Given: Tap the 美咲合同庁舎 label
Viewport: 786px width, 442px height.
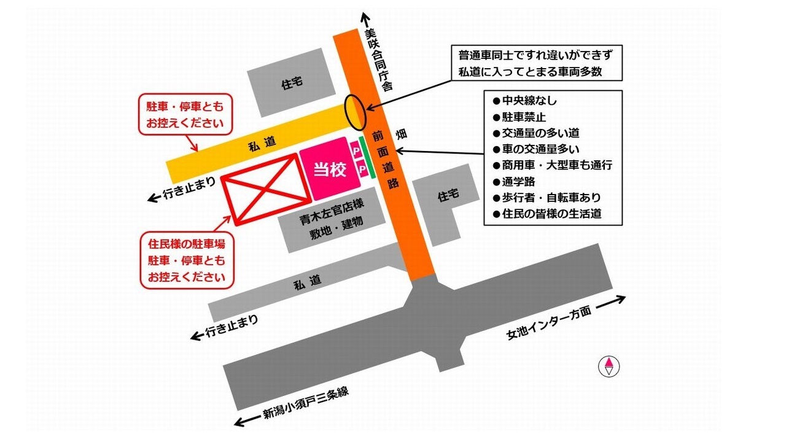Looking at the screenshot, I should coord(376,60).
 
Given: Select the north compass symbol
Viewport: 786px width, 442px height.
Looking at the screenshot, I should coord(609,366).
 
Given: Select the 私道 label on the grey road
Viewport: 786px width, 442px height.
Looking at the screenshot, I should coord(307,283).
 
